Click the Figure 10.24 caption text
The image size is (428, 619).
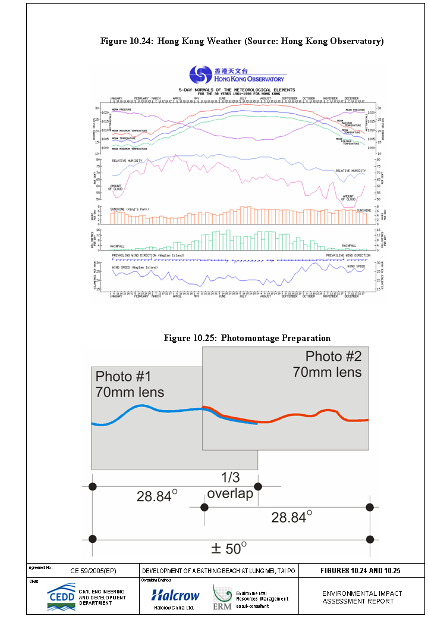pyautogui.click(x=242, y=41)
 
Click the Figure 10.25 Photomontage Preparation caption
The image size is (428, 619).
pyautogui.click(x=247, y=338)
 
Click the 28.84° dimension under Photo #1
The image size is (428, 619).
pyautogui.click(x=157, y=495)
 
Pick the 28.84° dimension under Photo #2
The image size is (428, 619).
pyautogui.click(x=291, y=517)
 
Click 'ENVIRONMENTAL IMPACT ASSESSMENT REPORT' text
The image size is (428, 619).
pyautogui.click(x=362, y=597)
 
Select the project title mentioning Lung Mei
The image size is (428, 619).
pyautogui.click(x=219, y=571)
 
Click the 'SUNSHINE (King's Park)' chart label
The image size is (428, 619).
pyautogui.click(x=133, y=210)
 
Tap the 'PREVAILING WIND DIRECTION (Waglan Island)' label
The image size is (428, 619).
pyautogui.click(x=148, y=255)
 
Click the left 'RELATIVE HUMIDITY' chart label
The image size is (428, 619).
pyautogui.click(x=128, y=161)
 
